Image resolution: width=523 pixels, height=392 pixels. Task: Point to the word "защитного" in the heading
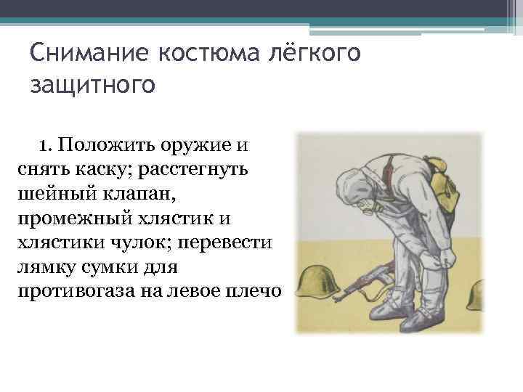tap(93, 86)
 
